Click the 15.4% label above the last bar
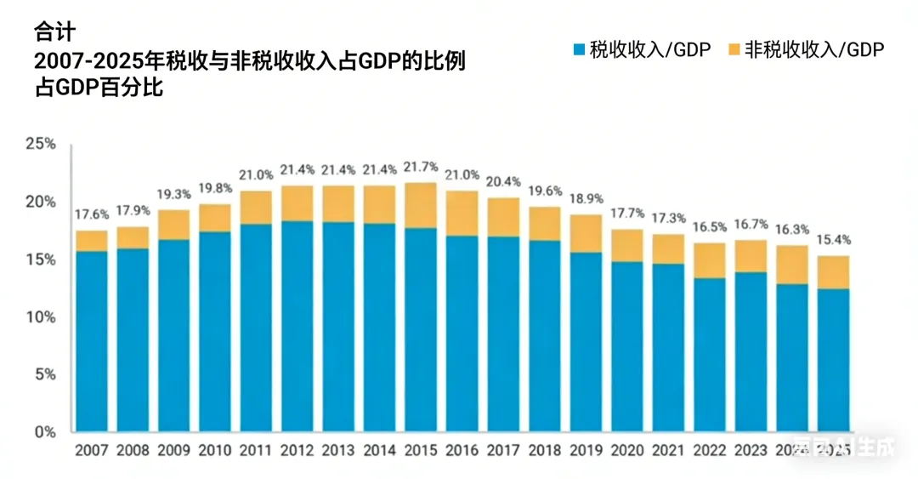pyautogui.click(x=834, y=240)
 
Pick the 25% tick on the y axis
pyautogui.click(x=41, y=145)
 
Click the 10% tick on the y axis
pyautogui.click(x=41, y=317)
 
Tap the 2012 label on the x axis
pyautogui.click(x=297, y=449)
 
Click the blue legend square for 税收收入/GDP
pyautogui.click(x=579, y=50)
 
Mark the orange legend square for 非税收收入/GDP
pyautogui.click(x=734, y=50)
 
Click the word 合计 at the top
pyautogui.click(x=54, y=32)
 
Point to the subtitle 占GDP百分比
pyautogui.click(x=98, y=88)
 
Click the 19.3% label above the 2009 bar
pyautogui.click(x=173, y=194)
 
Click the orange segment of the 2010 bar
pyautogui.click(x=215, y=218)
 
